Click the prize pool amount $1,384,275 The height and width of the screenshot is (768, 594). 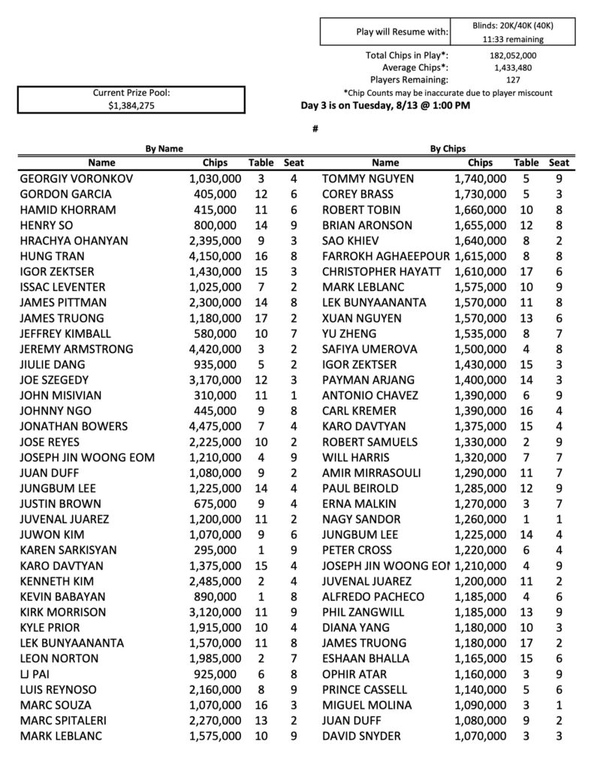pyautogui.click(x=131, y=106)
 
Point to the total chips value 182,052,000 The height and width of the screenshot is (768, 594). pyautogui.click(x=512, y=55)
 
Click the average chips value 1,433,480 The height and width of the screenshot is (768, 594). pyautogui.click(x=512, y=67)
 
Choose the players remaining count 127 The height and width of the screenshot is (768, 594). pyautogui.click(x=512, y=79)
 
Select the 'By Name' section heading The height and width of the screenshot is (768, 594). pyautogui.click(x=164, y=149)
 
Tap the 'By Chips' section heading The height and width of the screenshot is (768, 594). pyautogui.click(x=448, y=149)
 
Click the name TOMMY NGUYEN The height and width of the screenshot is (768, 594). pyautogui.click(x=364, y=179)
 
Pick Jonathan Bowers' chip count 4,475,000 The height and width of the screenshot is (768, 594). pyautogui.click(x=215, y=426)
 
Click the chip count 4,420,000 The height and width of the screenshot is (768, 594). pyautogui.click(x=215, y=349)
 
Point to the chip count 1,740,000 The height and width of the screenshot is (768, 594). pyautogui.click(x=481, y=179)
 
